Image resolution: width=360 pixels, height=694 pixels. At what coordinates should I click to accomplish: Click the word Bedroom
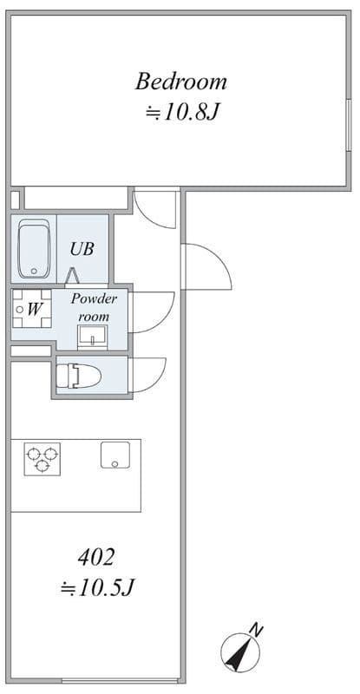(180, 82)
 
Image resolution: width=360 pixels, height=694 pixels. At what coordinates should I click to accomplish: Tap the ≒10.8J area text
(182, 113)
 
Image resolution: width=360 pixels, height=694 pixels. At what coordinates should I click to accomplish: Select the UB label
(82, 249)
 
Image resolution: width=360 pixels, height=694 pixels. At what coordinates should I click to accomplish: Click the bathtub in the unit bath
(34, 249)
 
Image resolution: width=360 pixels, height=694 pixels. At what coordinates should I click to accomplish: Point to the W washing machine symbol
(32, 309)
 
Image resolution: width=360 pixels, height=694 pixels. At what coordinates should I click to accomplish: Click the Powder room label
(94, 307)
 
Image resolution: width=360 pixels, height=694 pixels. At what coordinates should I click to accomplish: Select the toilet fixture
(78, 376)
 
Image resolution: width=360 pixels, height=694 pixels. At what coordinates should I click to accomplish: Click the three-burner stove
(42, 459)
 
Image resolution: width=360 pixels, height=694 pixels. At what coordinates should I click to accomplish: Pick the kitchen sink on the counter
(115, 455)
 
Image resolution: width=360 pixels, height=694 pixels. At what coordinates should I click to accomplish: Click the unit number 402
(96, 557)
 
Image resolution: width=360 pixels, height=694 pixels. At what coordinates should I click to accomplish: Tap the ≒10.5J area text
(97, 588)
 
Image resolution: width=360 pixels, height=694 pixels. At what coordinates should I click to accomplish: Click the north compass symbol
(239, 652)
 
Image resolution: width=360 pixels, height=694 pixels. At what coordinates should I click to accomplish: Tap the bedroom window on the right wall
(349, 125)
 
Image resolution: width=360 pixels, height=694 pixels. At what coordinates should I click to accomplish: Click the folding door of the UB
(72, 276)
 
